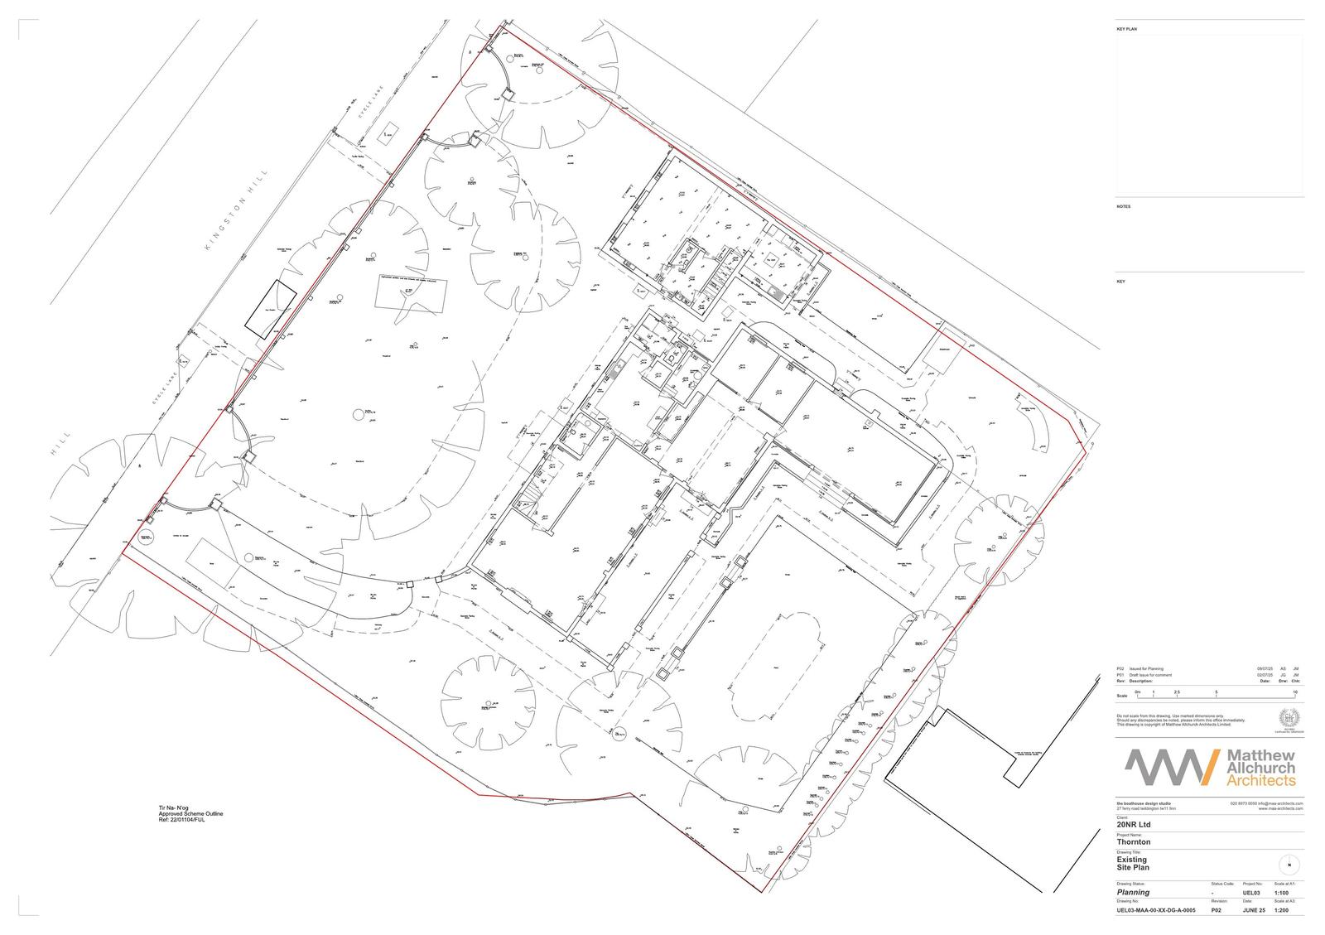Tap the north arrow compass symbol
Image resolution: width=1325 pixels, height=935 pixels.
[1289, 865]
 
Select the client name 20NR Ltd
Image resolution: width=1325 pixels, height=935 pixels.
[1135, 825]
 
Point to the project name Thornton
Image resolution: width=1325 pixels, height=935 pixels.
[1134, 842]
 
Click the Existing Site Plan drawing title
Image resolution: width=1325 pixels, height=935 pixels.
[1132, 864]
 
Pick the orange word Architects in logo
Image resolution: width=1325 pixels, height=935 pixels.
[1260, 781]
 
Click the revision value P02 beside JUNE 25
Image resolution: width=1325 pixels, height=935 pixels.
[1217, 910]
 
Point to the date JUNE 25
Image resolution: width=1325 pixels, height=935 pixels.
[1254, 910]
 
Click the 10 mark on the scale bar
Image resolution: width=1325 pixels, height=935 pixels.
[1294, 691]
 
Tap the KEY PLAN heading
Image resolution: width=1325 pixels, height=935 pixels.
[1126, 30]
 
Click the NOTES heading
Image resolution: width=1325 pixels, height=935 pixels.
[1123, 207]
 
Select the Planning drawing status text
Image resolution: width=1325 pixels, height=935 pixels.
[1133, 893]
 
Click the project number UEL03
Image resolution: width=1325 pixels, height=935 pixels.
[1251, 893]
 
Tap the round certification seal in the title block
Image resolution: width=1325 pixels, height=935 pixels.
[1289, 720]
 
